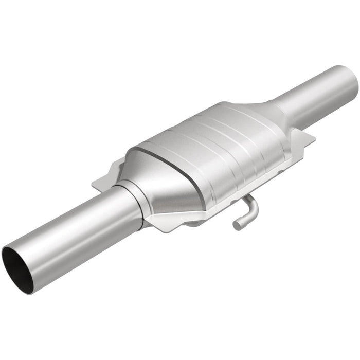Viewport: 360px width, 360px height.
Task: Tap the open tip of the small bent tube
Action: [236, 225]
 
